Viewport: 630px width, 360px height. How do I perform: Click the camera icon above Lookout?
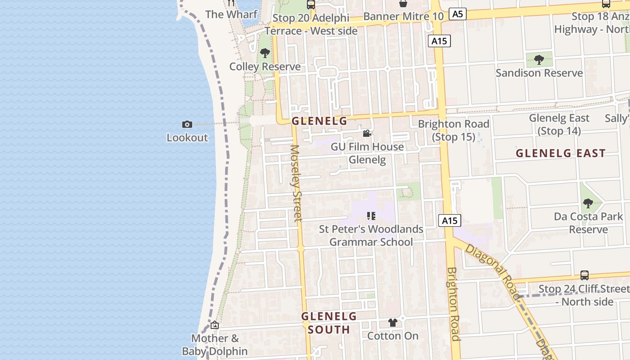pyautogui.click(x=187, y=124)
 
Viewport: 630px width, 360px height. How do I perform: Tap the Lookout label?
pyautogui.click(x=187, y=138)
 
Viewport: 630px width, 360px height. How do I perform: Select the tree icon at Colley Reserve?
pyautogui.click(x=265, y=53)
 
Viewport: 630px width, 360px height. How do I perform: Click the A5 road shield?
pyautogui.click(x=457, y=14)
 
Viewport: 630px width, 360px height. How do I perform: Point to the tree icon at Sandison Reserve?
pyautogui.click(x=539, y=59)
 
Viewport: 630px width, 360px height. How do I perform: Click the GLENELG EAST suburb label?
pyautogui.click(x=561, y=153)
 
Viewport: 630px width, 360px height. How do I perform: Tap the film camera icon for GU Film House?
pyautogui.click(x=367, y=134)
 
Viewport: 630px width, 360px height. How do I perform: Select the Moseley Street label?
pyautogui.click(x=296, y=183)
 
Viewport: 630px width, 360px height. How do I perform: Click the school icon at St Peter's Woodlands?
pyautogui.click(x=371, y=216)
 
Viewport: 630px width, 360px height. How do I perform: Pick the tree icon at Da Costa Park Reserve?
pyautogui.click(x=588, y=203)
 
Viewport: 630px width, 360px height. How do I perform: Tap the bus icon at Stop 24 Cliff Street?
pyautogui.click(x=584, y=275)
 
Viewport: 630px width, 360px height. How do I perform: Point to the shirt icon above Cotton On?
pyautogui.click(x=393, y=323)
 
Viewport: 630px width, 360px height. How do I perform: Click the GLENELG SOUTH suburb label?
pyautogui.click(x=329, y=323)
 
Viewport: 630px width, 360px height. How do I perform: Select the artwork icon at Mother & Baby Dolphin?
pyautogui.click(x=215, y=325)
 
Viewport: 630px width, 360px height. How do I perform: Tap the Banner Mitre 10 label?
pyautogui.click(x=403, y=17)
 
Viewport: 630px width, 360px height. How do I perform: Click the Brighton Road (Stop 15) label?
pyautogui.click(x=454, y=130)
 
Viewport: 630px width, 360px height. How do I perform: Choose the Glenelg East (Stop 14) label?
pyautogui.click(x=559, y=124)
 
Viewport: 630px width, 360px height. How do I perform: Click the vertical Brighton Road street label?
pyautogui.click(x=453, y=303)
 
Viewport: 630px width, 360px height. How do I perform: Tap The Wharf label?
pyautogui.click(x=231, y=14)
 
